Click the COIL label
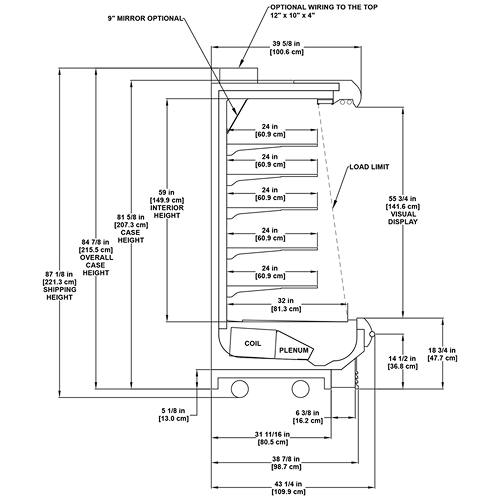(x=253, y=343)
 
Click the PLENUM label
(x=294, y=350)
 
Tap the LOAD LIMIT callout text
(x=369, y=167)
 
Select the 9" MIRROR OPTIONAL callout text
(x=145, y=18)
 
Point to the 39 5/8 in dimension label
(x=287, y=44)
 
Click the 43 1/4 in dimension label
(x=288, y=484)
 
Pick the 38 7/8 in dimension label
(x=286, y=459)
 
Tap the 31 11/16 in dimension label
(x=272, y=434)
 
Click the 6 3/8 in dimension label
(x=307, y=413)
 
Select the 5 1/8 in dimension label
(x=173, y=411)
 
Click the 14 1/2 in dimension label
(x=402, y=359)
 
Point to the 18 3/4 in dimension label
(x=442, y=350)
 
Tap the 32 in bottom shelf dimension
(x=286, y=301)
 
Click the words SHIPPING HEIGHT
(x=60, y=293)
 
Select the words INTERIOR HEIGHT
(x=167, y=212)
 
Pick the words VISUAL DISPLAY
(x=403, y=218)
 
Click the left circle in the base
(x=240, y=389)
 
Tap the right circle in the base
(x=301, y=389)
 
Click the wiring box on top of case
(x=238, y=75)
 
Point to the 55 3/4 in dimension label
(x=403, y=199)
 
